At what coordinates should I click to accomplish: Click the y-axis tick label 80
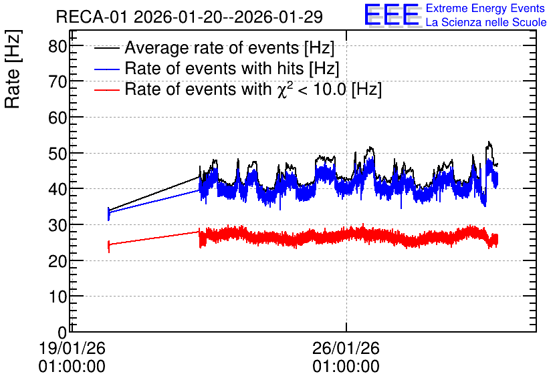click(x=58, y=46)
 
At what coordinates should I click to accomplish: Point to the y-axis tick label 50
click(x=58, y=153)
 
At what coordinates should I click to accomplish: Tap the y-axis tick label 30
click(x=58, y=225)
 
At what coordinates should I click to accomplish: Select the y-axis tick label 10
click(x=58, y=297)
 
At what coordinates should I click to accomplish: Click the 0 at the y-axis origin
click(x=62, y=332)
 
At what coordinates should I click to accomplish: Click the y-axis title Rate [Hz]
click(x=13, y=69)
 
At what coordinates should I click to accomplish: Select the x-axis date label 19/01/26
click(x=72, y=348)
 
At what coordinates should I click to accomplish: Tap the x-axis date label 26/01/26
click(x=346, y=348)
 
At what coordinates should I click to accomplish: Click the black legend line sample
click(x=106, y=48)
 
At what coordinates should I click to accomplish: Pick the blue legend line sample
click(x=106, y=69)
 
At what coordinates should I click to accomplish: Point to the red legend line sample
click(x=106, y=89)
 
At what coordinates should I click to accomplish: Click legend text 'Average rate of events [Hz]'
click(x=229, y=48)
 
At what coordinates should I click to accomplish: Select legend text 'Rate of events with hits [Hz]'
click(x=232, y=68)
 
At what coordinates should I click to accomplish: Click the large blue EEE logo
click(x=391, y=15)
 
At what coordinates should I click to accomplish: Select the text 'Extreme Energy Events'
click(x=485, y=8)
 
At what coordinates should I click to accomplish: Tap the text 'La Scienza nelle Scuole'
click(x=486, y=22)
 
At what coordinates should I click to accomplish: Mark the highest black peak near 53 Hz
click(x=489, y=142)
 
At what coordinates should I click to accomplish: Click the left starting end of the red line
click(x=109, y=245)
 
